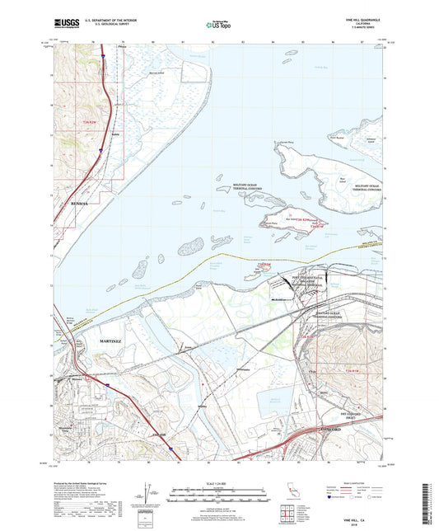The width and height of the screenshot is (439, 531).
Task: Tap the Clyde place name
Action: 313,369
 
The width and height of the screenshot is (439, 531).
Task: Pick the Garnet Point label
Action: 286,143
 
